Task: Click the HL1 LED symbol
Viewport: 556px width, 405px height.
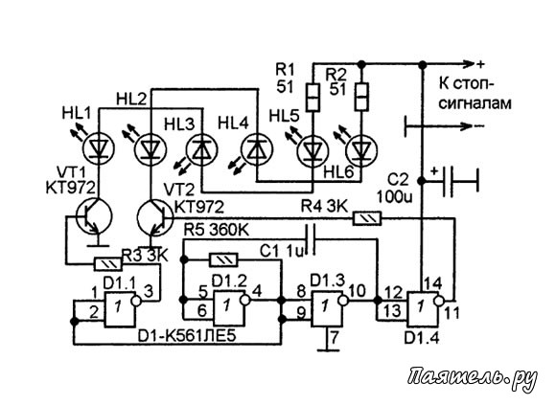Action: point(99,148)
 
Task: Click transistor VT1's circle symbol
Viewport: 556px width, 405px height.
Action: point(95,215)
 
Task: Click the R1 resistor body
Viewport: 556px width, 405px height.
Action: point(313,98)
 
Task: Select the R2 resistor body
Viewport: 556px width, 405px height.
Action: point(361,97)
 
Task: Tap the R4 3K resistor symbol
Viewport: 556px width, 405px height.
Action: point(367,218)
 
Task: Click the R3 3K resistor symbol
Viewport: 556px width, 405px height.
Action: point(107,264)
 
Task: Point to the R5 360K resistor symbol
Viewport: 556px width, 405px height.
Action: point(223,260)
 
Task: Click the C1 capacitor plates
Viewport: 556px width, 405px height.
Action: point(312,239)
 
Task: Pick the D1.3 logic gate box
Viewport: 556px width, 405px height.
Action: point(327,308)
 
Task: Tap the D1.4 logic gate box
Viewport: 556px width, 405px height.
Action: point(423,308)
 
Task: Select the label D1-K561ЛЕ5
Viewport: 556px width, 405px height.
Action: point(187,337)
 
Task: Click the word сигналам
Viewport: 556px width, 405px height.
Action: point(475,103)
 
